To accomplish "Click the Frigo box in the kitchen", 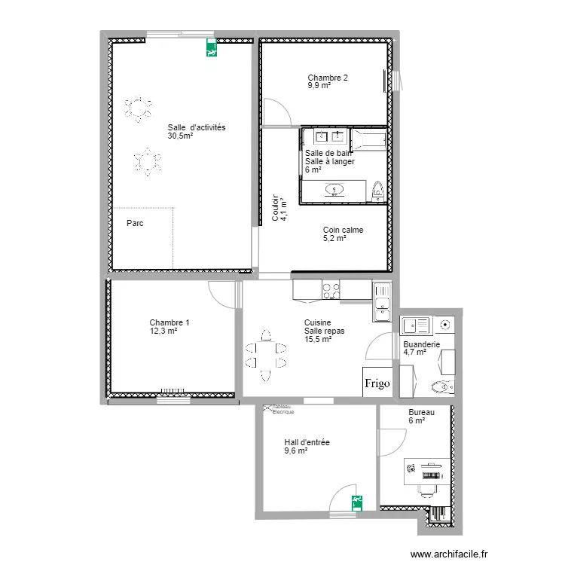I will [377, 383].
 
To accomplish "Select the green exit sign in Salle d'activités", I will [211, 50].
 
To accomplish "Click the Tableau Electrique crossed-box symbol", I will [267, 408].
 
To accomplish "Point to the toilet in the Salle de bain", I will [378, 191].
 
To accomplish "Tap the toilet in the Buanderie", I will [440, 387].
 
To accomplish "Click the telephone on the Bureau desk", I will [411, 468].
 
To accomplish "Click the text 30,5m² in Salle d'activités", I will [180, 137].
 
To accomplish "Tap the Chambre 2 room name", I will [328, 78].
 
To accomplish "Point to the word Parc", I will [135, 223].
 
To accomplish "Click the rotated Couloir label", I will [276, 206].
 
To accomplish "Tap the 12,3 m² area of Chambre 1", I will [163, 331].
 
